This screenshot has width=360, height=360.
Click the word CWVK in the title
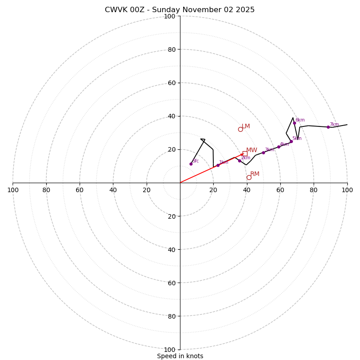[115, 10]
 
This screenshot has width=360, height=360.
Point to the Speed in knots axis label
[180, 356]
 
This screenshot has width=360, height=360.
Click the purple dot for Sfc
[191, 164]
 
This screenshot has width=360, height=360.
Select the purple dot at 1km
[218, 165]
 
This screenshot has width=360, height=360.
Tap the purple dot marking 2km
[239, 161]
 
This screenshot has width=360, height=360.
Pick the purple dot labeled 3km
[263, 153]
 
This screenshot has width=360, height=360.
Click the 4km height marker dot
[279, 147]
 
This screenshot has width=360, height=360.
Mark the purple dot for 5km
[291, 141]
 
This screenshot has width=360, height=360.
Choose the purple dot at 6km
[295, 123]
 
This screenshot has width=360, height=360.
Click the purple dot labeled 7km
[328, 127]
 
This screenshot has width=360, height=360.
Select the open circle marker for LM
[240, 129]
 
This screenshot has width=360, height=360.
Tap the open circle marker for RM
[249, 177]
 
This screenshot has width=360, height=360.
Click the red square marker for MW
[245, 153]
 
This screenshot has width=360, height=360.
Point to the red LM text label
[246, 126]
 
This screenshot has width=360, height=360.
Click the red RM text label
[255, 174]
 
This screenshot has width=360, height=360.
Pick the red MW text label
[252, 150]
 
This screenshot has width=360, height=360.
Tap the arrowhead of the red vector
[242, 155]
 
